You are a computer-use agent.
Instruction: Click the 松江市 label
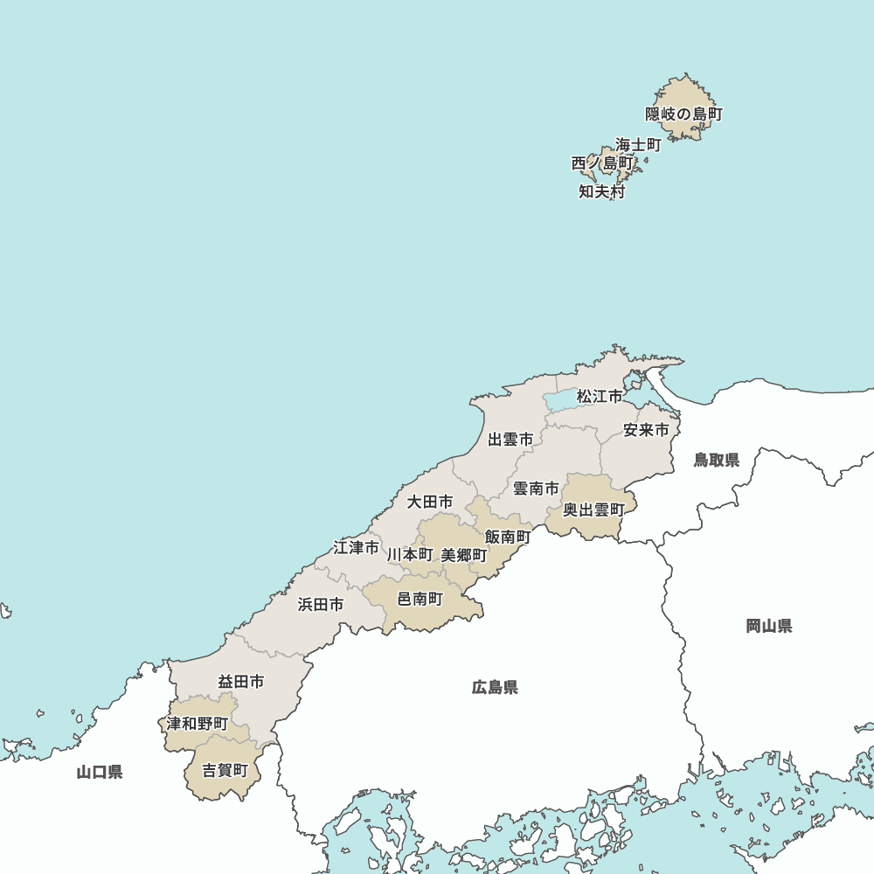pyautogui.click(x=600, y=397)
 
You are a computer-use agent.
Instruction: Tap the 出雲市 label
pyautogui.click(x=510, y=439)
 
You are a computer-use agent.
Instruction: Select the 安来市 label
pyautogui.click(x=646, y=430)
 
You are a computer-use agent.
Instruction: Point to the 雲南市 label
pyautogui.click(x=536, y=489)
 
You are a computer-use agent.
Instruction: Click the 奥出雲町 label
pyautogui.click(x=593, y=510)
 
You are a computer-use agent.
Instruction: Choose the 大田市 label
pyautogui.click(x=430, y=502)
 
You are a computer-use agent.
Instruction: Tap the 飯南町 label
pyautogui.click(x=508, y=537)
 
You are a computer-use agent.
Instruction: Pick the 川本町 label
pyautogui.click(x=410, y=555)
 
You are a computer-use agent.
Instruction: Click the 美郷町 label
pyautogui.click(x=464, y=555)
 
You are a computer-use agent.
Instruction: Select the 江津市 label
pyautogui.click(x=357, y=548)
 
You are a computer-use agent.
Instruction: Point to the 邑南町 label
pyautogui.click(x=420, y=599)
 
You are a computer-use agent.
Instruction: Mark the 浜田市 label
pyautogui.click(x=320, y=604)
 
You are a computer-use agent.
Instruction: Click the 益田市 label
pyautogui.click(x=241, y=681)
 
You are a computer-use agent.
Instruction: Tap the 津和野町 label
pyautogui.click(x=198, y=724)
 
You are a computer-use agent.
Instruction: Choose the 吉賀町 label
pyautogui.click(x=225, y=770)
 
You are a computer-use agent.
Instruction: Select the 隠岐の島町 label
pyautogui.click(x=684, y=114)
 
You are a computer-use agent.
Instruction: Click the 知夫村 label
pyautogui.click(x=602, y=191)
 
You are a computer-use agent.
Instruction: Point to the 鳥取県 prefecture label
pyautogui.click(x=717, y=460)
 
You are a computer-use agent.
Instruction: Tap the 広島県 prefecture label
pyautogui.click(x=495, y=687)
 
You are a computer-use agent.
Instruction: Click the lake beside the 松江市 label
pyautogui.click(x=559, y=400)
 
